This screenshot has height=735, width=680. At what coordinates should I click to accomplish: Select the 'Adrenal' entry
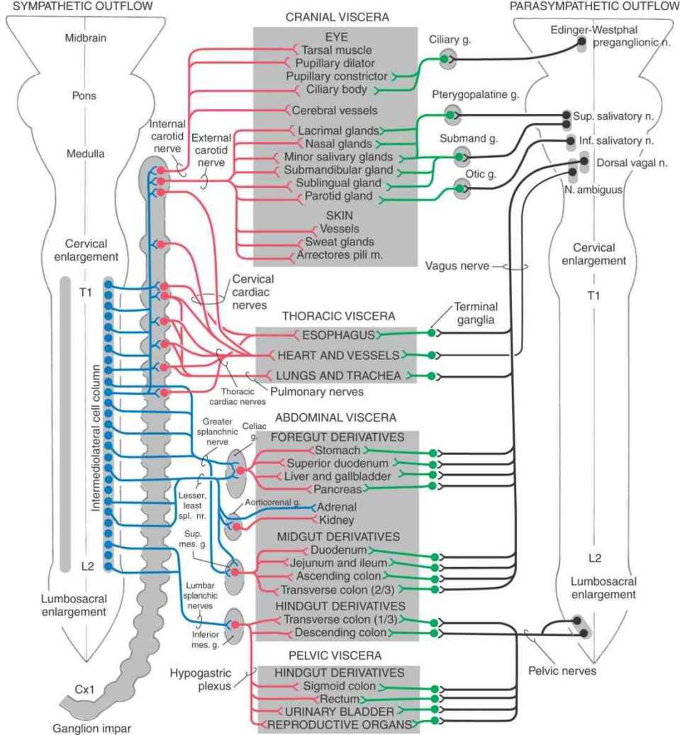(x=335, y=507)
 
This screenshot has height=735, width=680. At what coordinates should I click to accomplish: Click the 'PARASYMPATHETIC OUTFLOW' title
(x=593, y=6)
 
